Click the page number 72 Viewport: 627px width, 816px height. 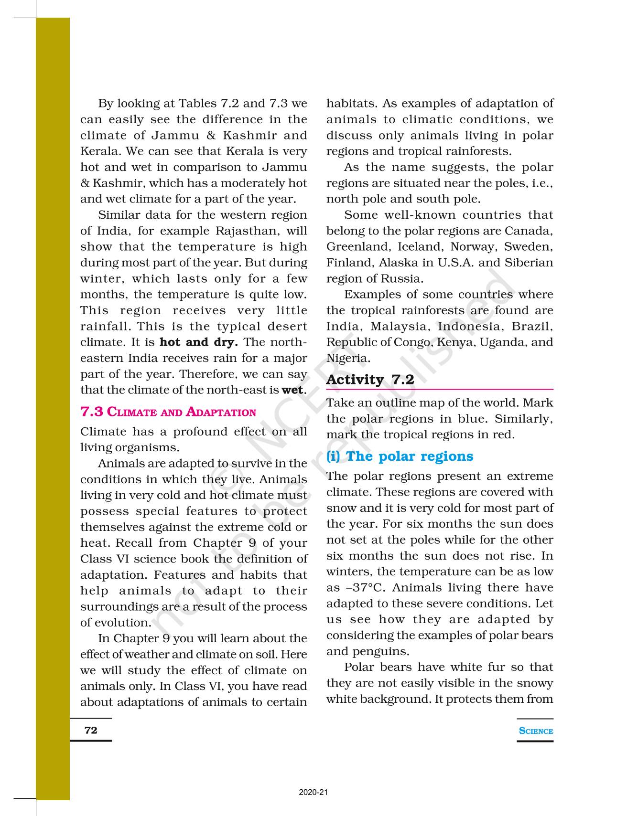(91, 730)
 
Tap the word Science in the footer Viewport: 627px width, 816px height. (536, 731)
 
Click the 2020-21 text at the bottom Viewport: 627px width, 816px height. (313, 793)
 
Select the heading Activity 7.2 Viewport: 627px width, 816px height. (370, 380)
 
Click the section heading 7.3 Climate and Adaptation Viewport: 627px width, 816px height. (168, 412)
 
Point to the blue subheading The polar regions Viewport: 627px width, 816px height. (400, 456)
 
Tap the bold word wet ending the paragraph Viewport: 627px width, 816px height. (292, 390)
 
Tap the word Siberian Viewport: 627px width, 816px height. (529, 263)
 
